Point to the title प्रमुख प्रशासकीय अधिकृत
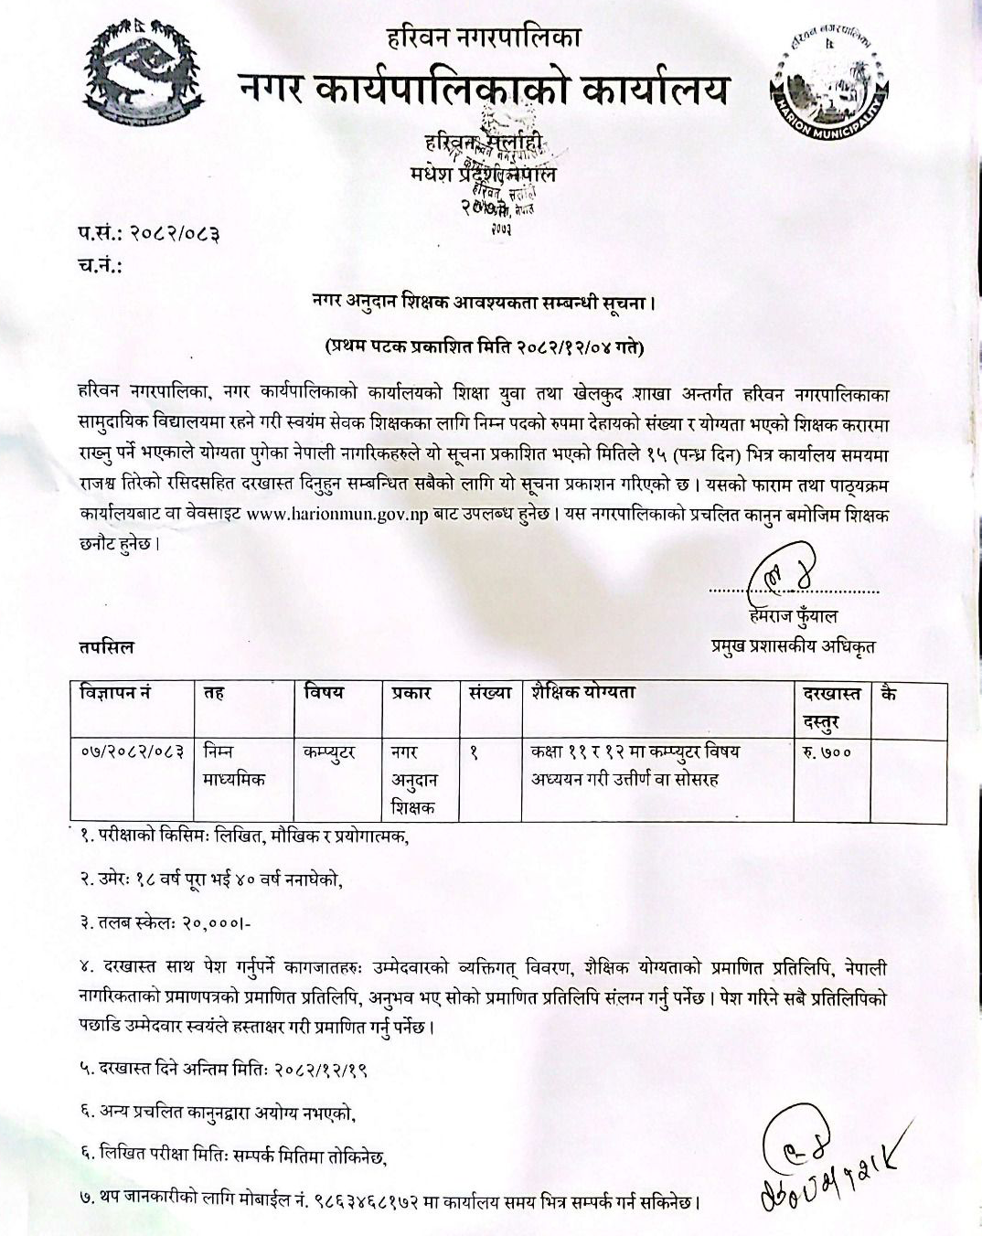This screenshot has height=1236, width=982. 793,646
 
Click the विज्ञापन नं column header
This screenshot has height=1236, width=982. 116,693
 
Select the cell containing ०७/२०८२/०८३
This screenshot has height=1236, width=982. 133,751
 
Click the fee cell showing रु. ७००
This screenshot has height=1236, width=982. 827,751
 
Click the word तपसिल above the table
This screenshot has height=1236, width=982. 105,646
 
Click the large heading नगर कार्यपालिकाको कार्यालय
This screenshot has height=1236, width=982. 484,90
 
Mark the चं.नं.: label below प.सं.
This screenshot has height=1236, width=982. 95,266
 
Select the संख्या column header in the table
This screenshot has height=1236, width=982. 488,693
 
